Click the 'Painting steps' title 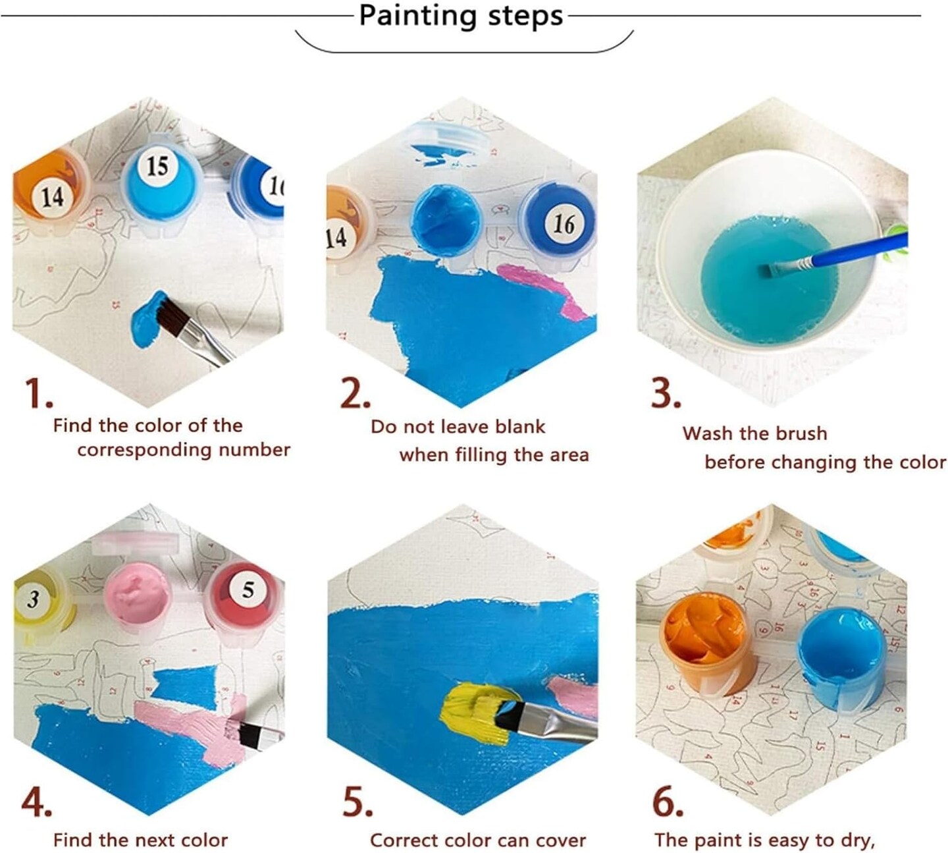[x=461, y=16]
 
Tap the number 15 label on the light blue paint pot [x=157, y=166]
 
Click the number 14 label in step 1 [x=52, y=196]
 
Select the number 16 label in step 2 [x=564, y=224]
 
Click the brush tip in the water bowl [x=768, y=270]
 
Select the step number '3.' [x=666, y=394]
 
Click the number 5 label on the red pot [x=248, y=590]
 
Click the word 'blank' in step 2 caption [x=520, y=427]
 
